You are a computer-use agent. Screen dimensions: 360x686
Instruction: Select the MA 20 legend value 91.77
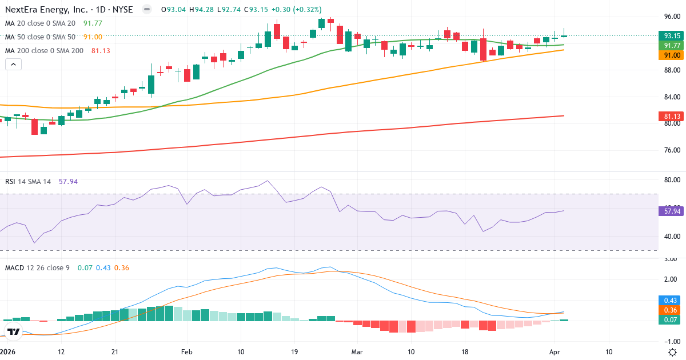[x=93, y=23]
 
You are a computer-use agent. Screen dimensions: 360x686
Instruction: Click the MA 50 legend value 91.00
[x=93, y=37]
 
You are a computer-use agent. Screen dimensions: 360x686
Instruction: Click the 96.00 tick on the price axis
[x=672, y=16]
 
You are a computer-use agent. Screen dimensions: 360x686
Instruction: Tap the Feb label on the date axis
[x=186, y=352]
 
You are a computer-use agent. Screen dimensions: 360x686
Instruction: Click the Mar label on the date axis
[x=357, y=352]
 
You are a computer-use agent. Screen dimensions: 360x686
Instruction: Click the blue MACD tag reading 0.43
[x=672, y=301]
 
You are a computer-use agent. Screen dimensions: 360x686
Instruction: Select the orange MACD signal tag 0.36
[x=672, y=309]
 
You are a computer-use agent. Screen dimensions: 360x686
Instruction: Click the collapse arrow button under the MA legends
[x=13, y=65]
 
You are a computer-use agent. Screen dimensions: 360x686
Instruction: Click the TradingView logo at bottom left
[x=13, y=331]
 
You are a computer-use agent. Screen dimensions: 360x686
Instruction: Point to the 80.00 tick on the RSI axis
[x=672, y=180]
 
